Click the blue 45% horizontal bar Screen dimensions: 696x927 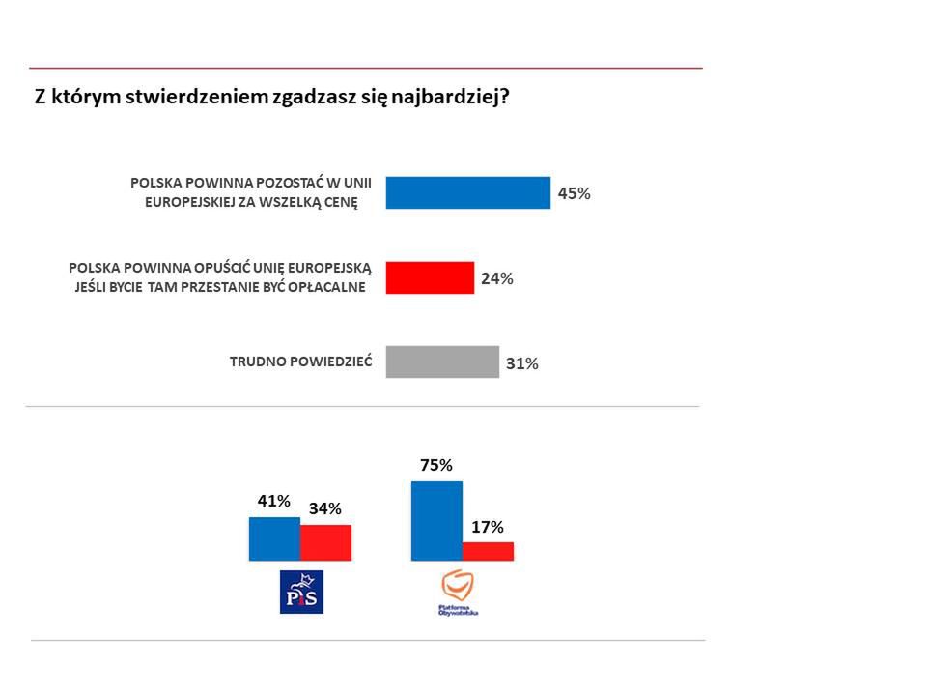(467, 193)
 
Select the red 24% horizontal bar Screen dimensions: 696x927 (430, 277)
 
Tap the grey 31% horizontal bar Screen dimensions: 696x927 (442, 362)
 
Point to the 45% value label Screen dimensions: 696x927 (574, 193)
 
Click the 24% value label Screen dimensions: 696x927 (496, 278)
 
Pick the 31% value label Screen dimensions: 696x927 (521, 364)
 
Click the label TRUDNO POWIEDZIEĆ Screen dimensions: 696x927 (300, 362)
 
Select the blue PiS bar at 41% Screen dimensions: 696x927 (274, 538)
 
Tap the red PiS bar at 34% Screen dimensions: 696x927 (325, 542)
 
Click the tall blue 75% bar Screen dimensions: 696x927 (436, 520)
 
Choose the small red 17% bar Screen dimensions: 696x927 (488, 551)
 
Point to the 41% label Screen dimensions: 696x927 (273, 501)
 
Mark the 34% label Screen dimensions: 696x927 (324, 508)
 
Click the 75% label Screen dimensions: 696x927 (436, 465)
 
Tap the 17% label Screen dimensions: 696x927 (488, 527)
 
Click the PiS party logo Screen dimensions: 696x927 (300, 592)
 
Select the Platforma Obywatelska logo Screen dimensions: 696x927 (459, 593)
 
